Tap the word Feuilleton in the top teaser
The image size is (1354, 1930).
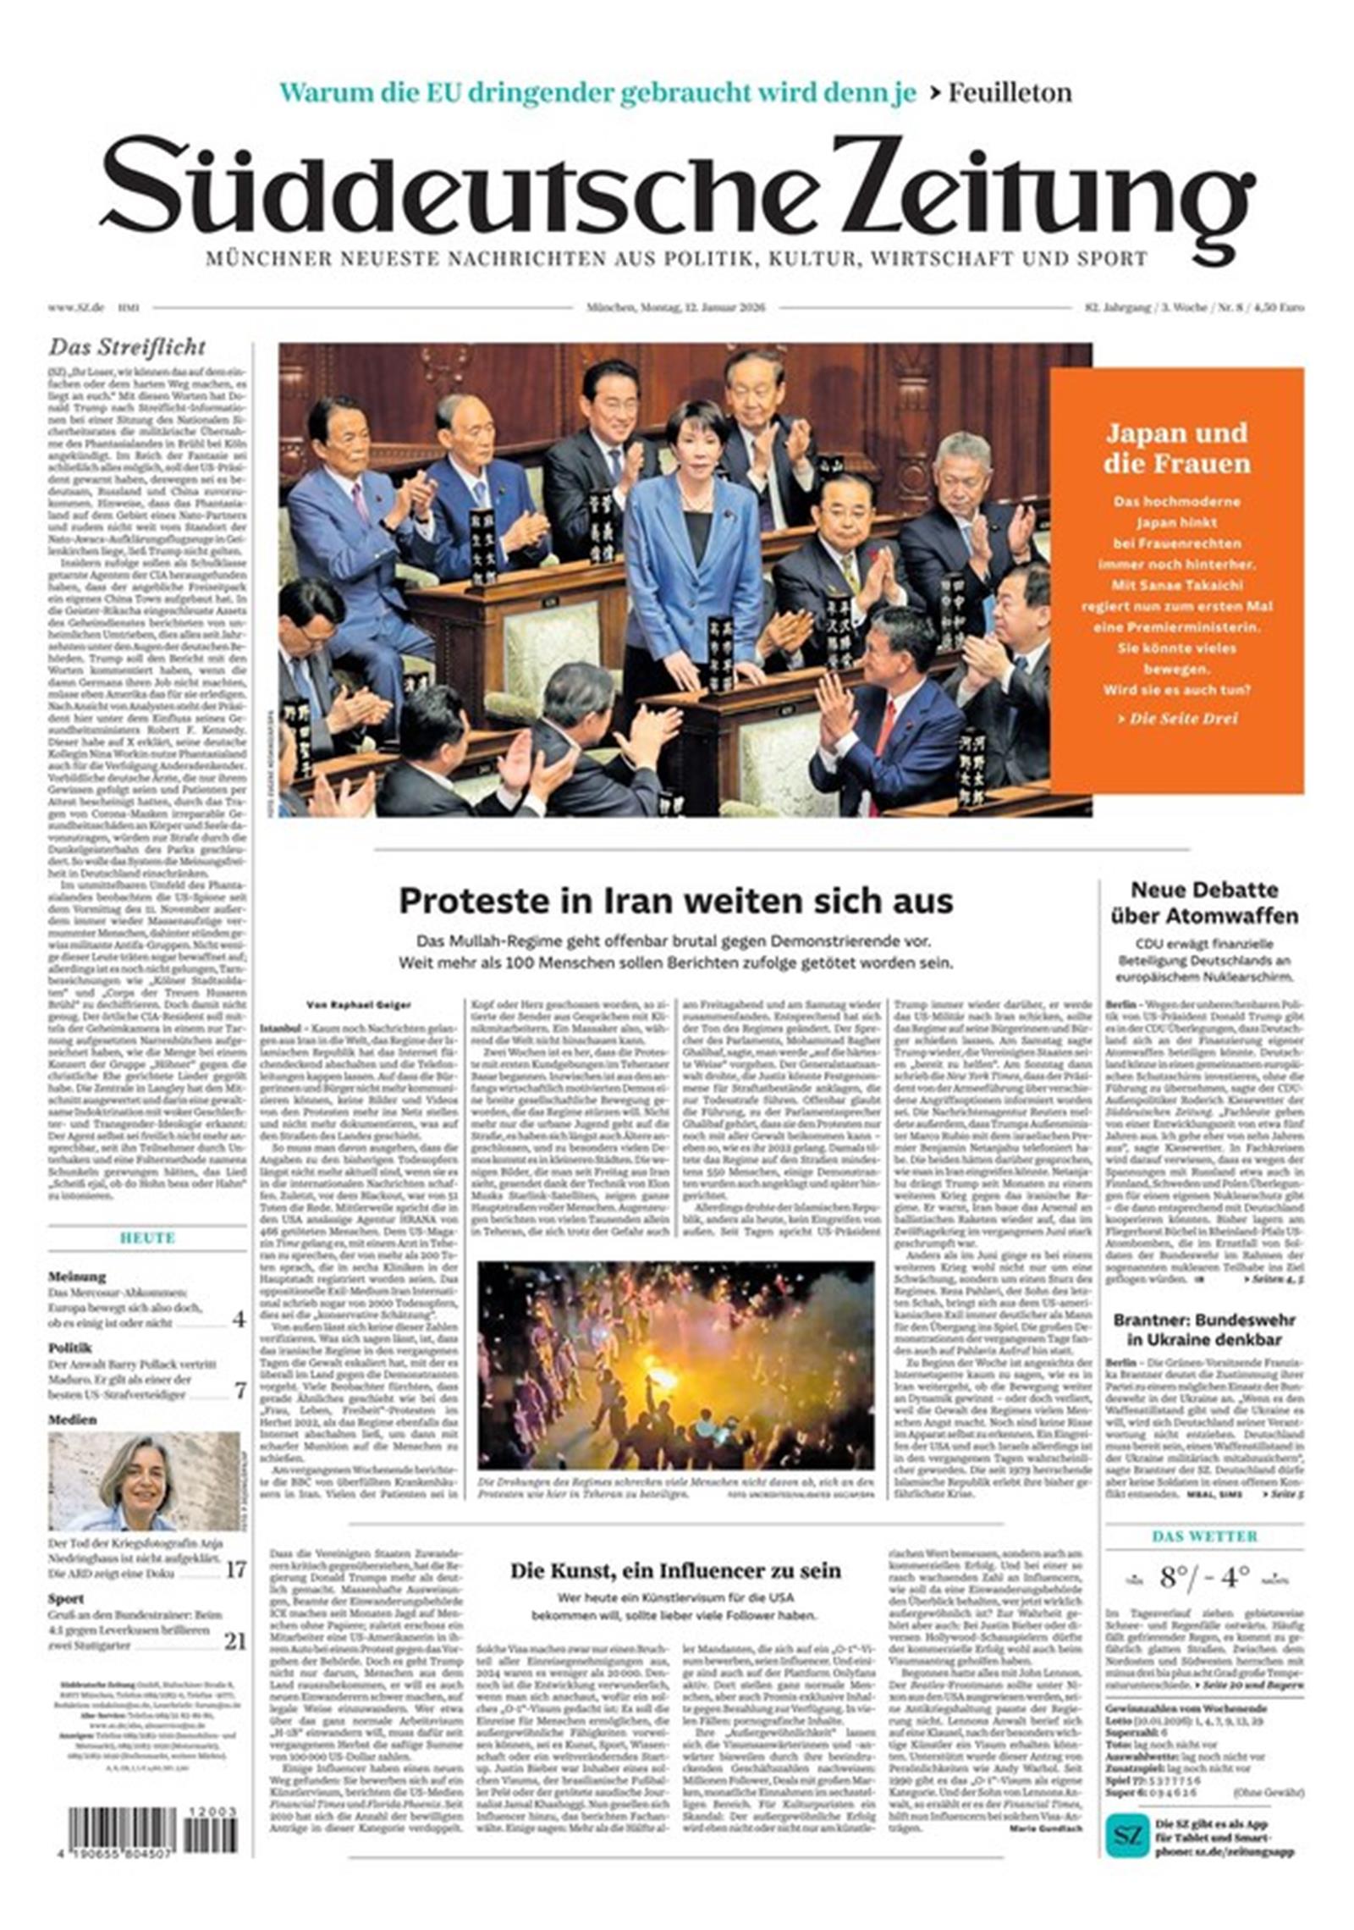click(1009, 92)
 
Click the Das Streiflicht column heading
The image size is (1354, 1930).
click(127, 347)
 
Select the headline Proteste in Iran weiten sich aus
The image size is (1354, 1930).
click(675, 901)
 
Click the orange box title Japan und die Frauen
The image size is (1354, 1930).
click(1176, 448)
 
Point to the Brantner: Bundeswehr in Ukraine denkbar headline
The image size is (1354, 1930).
click(1203, 1330)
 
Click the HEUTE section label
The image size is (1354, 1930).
click(147, 1238)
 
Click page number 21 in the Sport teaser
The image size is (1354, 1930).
click(235, 1642)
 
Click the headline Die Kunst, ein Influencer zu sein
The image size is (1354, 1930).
click(675, 1571)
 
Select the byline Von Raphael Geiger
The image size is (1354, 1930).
click(358, 1005)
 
